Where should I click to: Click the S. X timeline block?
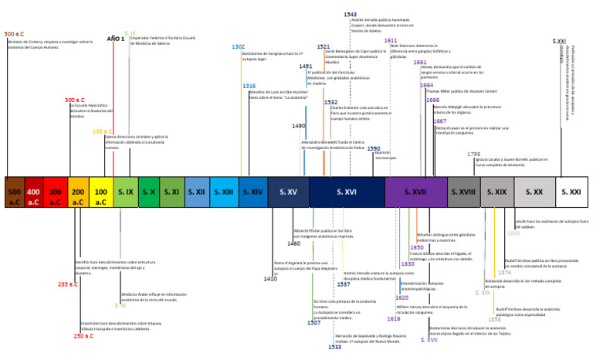(149, 192)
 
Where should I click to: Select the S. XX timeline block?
(534, 192)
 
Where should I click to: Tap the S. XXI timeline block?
(571, 192)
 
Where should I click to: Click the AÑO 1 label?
(115, 38)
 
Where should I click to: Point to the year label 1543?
(351, 15)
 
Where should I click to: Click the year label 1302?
(238, 47)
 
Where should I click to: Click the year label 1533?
(335, 347)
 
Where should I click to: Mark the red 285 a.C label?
(68, 284)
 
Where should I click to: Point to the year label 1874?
(504, 272)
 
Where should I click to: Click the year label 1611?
(391, 40)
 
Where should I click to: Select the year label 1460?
(294, 243)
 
